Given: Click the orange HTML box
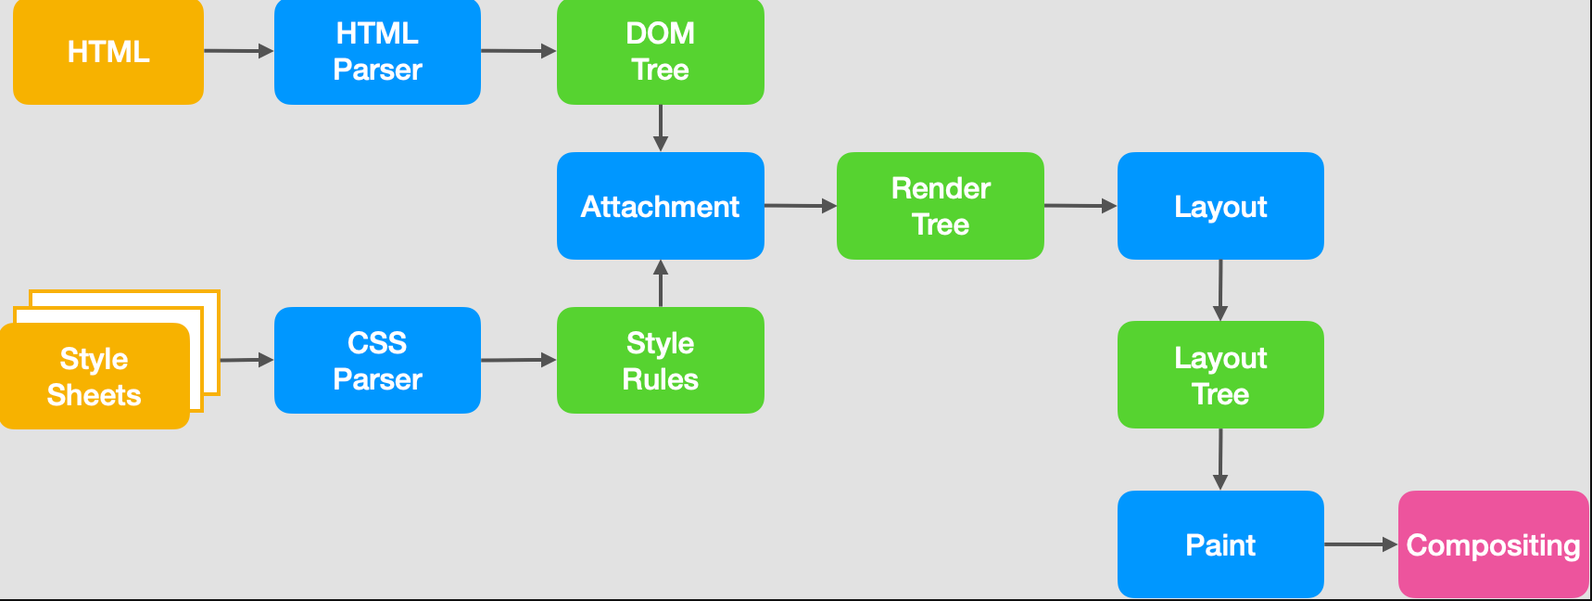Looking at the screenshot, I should [108, 52].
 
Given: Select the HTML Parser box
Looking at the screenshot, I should [377, 52].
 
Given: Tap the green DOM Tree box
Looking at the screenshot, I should [660, 52].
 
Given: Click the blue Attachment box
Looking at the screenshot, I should [660, 206].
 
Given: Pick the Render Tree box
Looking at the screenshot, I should [940, 206].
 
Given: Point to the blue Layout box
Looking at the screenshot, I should [1219, 206].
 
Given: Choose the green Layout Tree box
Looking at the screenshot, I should [1219, 375].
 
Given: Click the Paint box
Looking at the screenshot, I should [1219, 544].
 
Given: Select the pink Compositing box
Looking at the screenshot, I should [1493, 544].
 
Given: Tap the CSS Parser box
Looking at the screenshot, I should [377, 360].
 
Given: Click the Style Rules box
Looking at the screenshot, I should [660, 360].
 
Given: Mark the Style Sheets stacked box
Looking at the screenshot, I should [95, 376].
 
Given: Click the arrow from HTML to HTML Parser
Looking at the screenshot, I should [238, 51].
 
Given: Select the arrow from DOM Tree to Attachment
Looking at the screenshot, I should [660, 127].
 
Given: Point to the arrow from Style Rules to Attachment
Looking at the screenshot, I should [660, 284].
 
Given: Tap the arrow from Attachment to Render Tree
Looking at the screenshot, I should [800, 206].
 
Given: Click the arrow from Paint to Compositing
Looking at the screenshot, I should [1359, 544].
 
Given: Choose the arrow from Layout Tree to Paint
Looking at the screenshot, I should [1220, 459].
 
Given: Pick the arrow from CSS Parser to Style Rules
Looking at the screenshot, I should [518, 360].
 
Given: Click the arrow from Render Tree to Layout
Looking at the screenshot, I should [1080, 206].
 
